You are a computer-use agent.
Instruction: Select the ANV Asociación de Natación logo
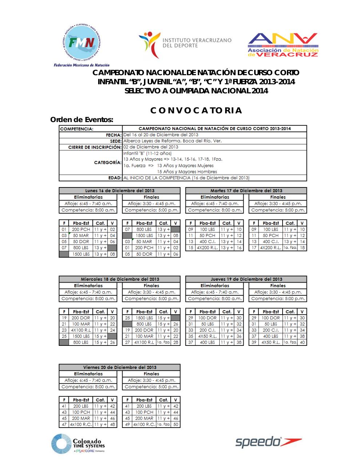283,45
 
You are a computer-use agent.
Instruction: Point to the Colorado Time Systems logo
78,444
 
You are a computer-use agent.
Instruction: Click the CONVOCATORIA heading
196,111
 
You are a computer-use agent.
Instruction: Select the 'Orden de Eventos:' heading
82,120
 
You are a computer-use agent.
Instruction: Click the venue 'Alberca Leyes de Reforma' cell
172,141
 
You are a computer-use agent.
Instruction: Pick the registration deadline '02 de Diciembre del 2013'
151,147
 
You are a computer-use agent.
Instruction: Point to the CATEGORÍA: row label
108,162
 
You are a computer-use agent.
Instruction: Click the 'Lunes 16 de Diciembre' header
120,191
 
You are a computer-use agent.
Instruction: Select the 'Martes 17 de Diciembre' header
246,191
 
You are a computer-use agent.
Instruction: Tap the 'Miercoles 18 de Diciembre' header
120,279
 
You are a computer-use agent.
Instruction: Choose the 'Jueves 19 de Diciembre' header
246,279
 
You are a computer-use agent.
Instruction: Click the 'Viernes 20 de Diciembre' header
120,367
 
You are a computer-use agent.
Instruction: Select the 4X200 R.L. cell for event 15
207,248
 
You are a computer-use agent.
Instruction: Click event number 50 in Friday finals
176,424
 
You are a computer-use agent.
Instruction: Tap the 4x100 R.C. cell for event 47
81,424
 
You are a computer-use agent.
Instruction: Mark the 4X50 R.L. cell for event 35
207,336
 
